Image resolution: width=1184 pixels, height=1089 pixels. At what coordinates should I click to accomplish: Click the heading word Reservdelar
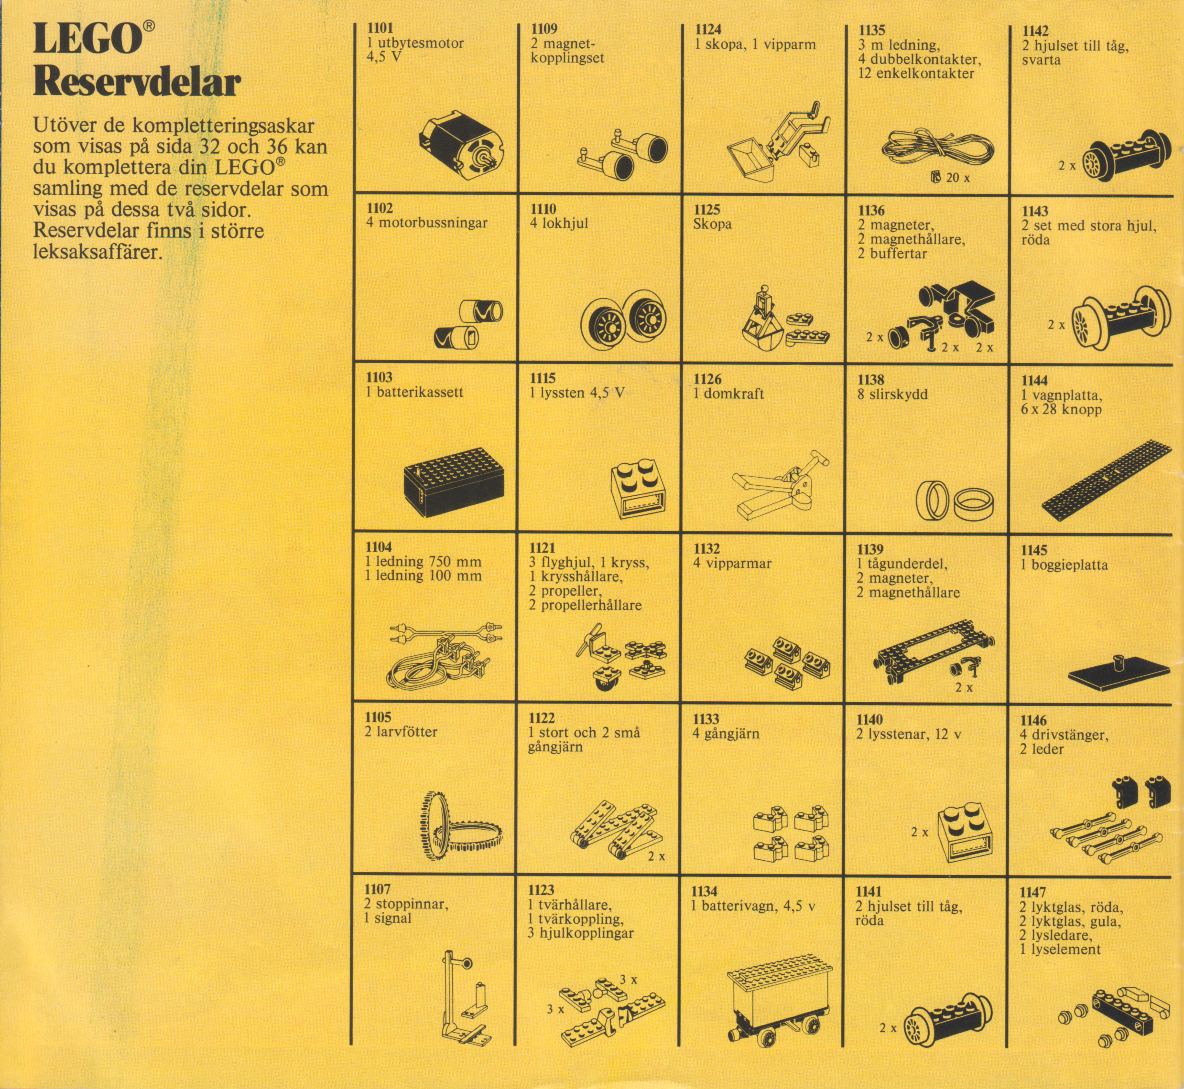[137, 83]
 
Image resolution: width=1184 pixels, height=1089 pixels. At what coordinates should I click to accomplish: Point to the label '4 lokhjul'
[559, 224]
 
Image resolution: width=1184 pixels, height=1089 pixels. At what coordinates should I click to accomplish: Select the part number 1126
[707, 379]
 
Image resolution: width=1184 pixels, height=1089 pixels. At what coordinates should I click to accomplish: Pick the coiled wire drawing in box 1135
[937, 150]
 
